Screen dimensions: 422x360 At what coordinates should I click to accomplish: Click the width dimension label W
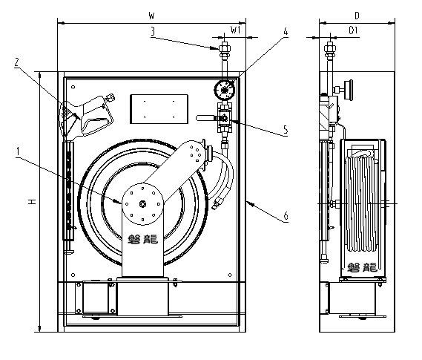[151, 16]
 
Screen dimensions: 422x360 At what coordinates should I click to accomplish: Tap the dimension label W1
[236, 30]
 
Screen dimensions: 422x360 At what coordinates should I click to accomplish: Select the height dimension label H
[33, 201]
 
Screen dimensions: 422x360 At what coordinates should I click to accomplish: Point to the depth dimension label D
[357, 16]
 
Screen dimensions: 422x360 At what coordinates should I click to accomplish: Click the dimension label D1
[353, 30]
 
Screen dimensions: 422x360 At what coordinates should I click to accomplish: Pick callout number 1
[18, 151]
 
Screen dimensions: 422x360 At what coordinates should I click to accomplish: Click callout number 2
[16, 63]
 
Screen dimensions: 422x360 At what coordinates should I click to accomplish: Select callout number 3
[153, 31]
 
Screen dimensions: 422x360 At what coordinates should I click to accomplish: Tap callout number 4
[286, 31]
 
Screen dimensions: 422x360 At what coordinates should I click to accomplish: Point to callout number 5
[286, 130]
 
